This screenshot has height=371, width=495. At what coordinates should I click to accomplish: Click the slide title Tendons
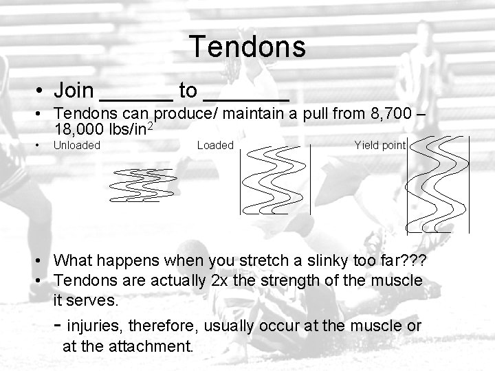(247, 47)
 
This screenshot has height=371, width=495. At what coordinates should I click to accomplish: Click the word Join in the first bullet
(74, 90)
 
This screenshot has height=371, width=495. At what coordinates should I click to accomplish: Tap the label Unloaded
(77, 145)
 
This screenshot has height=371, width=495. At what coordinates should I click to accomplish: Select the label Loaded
(215, 145)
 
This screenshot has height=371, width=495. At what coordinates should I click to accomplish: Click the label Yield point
(380, 145)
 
